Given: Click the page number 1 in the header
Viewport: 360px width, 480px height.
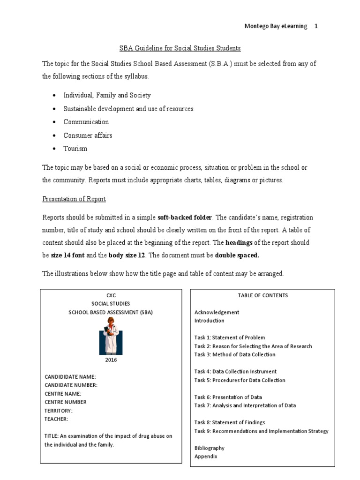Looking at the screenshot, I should pos(316,26).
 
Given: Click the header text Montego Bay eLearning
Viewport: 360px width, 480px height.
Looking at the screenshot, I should pos(276,26).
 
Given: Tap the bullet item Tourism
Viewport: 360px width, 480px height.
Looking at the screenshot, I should pos(75,149).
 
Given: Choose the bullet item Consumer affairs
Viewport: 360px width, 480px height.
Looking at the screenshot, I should pos(88,135).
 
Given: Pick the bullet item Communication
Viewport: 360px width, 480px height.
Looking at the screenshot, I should pos(86,122).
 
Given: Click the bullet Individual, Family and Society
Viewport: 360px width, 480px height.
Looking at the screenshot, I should pos(107,95).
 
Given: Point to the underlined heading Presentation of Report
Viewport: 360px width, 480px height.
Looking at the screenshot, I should pos(74,199).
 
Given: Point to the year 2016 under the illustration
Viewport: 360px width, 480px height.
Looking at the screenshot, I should pos(111,360).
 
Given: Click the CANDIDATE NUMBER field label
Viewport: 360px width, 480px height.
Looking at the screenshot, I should pos(71,385).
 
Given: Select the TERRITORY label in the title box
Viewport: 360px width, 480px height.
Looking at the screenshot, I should pos(59,410).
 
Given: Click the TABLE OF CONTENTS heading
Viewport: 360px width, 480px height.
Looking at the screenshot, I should pos(262,295).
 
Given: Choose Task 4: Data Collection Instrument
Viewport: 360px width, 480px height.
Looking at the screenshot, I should pos(235,371).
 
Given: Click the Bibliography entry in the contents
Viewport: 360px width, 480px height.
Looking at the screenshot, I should pos(209,448).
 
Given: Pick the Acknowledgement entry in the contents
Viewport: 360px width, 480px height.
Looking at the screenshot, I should pos(217,312).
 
